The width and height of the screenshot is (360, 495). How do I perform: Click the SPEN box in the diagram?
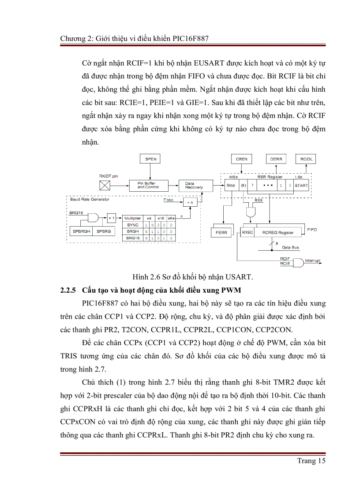click(150, 159)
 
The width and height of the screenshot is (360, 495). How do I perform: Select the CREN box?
click(242, 159)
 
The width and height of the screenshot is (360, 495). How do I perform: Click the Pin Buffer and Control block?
click(147, 186)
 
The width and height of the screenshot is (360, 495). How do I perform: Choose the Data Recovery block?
click(191, 186)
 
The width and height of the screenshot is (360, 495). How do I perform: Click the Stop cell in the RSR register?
click(231, 186)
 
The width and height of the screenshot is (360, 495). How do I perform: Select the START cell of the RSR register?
click(302, 186)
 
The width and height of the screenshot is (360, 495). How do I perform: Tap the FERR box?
click(221, 232)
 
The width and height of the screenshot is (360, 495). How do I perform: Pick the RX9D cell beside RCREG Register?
click(247, 232)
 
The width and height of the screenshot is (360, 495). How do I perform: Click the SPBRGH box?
click(81, 231)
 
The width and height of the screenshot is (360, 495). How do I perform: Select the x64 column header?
click(171, 218)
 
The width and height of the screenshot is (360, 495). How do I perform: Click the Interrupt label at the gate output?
click(313, 261)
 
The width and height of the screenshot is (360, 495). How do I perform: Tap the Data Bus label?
click(290, 247)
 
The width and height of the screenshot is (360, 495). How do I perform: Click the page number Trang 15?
click(311, 461)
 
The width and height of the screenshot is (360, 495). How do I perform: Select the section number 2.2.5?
click(68, 290)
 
